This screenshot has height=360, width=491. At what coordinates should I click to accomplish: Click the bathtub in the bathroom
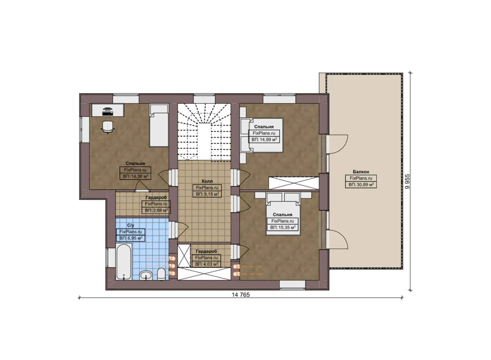[124, 262]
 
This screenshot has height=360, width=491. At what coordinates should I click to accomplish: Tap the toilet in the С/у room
[161, 274]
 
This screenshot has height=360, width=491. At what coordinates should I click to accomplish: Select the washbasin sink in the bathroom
[146, 275]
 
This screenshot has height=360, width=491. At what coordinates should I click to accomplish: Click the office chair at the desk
[108, 127]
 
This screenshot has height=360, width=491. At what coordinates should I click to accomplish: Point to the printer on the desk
[107, 111]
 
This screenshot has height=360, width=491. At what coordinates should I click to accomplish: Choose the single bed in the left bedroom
[159, 126]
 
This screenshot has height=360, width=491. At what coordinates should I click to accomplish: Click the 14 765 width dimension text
[240, 295]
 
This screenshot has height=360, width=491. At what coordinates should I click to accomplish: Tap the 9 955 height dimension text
[407, 182]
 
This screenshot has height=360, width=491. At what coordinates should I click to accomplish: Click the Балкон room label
[361, 172]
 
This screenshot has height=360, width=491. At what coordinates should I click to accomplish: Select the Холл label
[207, 181]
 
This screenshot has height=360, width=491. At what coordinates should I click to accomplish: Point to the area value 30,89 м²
[361, 184]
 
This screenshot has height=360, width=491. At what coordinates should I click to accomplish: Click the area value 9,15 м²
[207, 194]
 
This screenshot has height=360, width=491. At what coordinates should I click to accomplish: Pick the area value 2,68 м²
[156, 210]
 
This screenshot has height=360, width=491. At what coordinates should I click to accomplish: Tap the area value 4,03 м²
[206, 264]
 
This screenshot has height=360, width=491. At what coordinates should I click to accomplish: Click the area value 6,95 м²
[131, 238]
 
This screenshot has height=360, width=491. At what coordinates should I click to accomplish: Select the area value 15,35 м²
[283, 227]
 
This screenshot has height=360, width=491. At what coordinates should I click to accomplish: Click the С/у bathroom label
[131, 225]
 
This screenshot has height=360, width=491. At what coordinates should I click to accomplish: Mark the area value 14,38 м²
[135, 176]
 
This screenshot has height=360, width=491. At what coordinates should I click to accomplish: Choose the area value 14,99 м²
[264, 139]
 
